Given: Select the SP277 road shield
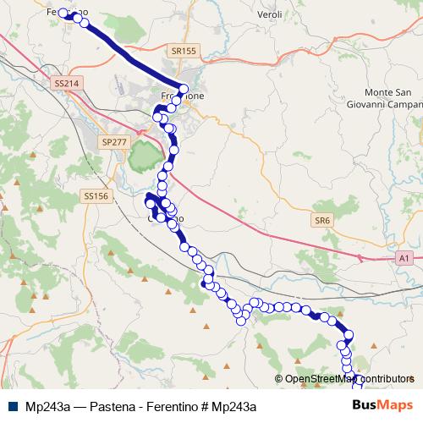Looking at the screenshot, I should coord(112,141).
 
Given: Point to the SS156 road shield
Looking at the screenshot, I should coord(96,195).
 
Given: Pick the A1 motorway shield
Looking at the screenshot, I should coord(404,257).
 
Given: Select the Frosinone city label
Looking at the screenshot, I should coord(182,96).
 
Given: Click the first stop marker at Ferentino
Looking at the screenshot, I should coord(63,13).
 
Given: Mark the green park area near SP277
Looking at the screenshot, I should coord(144,155).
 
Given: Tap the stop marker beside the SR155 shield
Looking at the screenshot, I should coord(184,88).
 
